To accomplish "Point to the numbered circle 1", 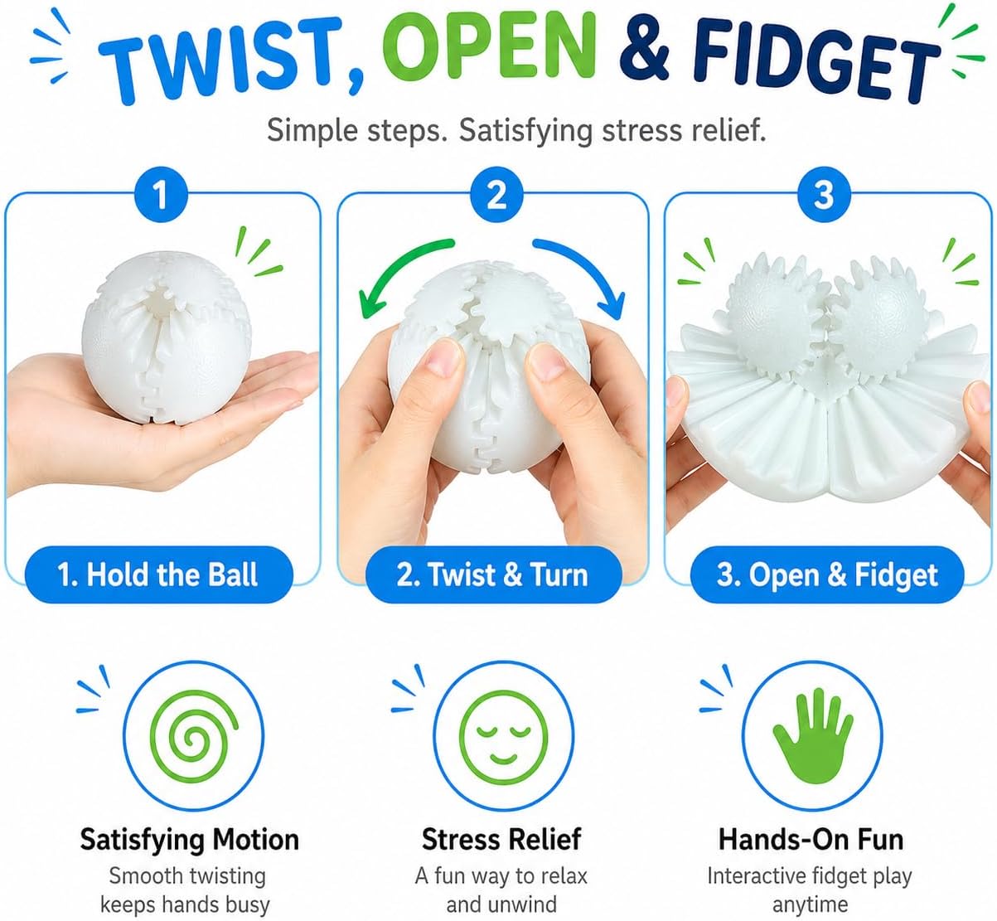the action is pos(161,194).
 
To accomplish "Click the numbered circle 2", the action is pos(496,194).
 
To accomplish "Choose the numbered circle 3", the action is pos(825,194).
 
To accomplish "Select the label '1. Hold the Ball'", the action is pos(158,574).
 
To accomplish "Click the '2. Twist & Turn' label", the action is pos(493,574).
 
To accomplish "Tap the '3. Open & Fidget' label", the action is pos(827,574).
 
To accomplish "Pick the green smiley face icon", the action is pos(504,736).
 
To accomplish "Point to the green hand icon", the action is pos(812,736).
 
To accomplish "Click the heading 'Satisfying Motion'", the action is pos(189,840).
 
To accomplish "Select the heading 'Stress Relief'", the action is pos(501,839).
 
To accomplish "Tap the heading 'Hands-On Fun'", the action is pos(811,839).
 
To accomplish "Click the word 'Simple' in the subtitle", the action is pos(312,132).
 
